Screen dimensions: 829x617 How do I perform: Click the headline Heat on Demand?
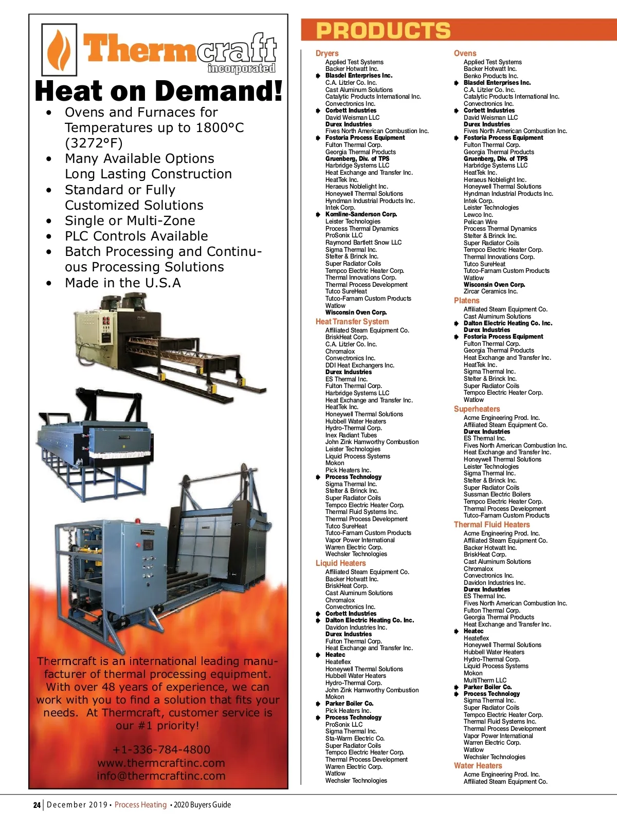click(x=158, y=91)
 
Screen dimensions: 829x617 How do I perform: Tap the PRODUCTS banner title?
click(x=383, y=31)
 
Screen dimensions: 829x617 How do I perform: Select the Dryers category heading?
click(x=327, y=53)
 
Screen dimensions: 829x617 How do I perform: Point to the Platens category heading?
click(x=466, y=300)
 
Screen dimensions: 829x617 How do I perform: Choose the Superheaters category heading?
click(x=477, y=409)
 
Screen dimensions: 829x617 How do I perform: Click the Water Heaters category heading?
click(x=478, y=765)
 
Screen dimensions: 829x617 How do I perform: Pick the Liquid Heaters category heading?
click(x=340, y=563)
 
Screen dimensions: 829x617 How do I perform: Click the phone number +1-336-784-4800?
click(x=161, y=749)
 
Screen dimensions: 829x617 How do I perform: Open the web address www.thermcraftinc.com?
click(x=161, y=763)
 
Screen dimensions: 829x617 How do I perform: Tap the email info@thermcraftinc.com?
click(x=161, y=776)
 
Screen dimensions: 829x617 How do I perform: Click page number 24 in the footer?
click(x=37, y=805)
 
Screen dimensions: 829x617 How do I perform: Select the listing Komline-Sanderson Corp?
click(x=361, y=214)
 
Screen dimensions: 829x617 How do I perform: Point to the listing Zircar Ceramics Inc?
click(x=491, y=291)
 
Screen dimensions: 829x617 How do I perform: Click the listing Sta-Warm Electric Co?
click(x=355, y=738)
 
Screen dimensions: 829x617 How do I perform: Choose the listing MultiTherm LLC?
click(x=485, y=680)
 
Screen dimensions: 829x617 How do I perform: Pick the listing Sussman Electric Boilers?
click(x=497, y=494)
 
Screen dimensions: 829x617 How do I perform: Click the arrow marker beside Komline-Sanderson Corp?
click(x=318, y=214)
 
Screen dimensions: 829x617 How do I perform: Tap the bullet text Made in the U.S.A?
click(x=123, y=283)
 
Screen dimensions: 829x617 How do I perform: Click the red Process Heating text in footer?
click(x=140, y=805)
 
